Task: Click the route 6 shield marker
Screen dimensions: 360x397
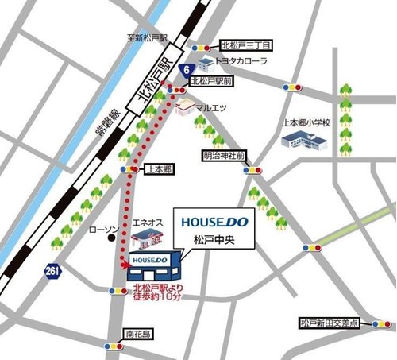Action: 185,71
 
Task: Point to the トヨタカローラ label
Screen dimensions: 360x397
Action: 243,60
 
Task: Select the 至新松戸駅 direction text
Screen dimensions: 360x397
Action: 146,37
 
